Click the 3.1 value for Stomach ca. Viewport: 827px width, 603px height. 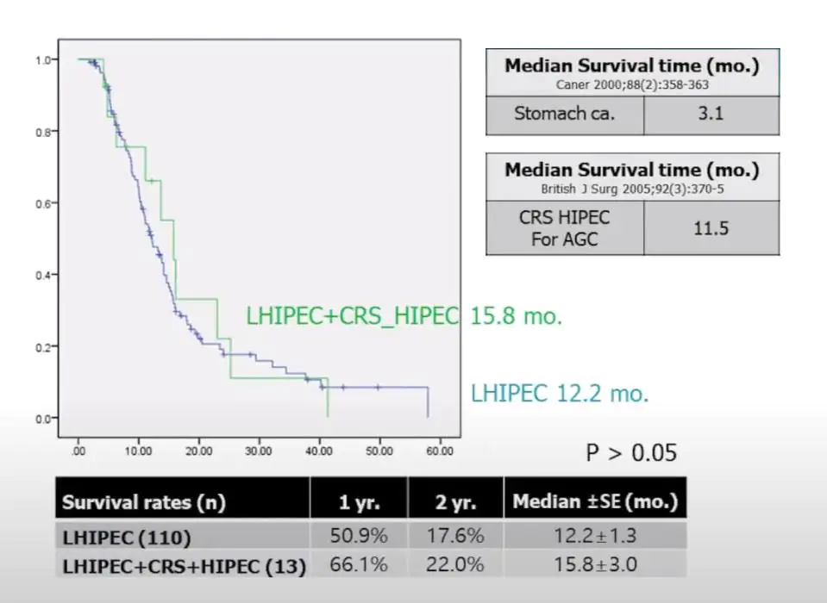(x=711, y=114)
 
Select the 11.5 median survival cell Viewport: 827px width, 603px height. (x=711, y=229)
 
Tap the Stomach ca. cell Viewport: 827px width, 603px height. (x=565, y=114)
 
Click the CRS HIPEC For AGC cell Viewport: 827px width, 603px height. (x=565, y=229)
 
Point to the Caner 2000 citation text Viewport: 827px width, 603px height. (x=631, y=84)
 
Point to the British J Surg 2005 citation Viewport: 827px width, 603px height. (x=631, y=188)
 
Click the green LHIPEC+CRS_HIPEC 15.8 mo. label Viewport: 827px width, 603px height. (x=404, y=316)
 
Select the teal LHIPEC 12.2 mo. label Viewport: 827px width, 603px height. (x=560, y=395)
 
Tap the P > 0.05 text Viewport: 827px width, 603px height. (x=632, y=452)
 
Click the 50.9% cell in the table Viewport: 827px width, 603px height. (x=359, y=536)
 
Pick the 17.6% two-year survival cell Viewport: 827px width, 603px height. (x=455, y=536)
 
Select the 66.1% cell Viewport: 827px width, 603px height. (x=359, y=565)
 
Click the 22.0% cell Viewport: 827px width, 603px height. (x=455, y=565)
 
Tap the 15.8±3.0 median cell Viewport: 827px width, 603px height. (x=595, y=565)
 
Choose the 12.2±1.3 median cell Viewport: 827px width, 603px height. (x=595, y=536)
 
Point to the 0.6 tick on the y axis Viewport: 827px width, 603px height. (x=41, y=203)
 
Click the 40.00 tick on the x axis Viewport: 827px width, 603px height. (x=318, y=451)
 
